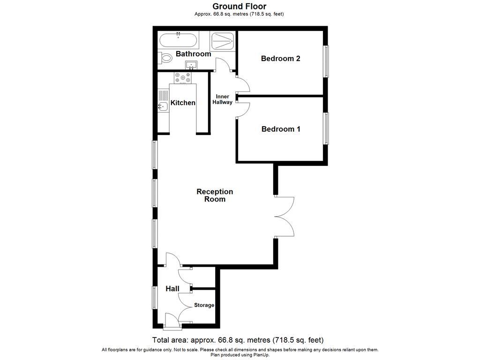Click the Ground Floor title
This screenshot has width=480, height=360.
click(240, 7)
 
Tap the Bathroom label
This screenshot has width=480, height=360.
click(193, 54)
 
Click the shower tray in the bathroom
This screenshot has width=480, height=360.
click(223, 41)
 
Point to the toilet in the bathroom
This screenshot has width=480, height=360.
click(165, 58)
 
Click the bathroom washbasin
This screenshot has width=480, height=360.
click(191, 65)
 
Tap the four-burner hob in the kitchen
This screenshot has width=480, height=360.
click(182, 77)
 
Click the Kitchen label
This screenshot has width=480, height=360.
click(183, 103)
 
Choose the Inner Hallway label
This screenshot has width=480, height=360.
click(222, 99)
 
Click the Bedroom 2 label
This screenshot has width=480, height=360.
click(280, 59)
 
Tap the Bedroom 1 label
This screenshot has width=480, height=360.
click(280, 129)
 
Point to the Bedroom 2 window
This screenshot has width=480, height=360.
click(325, 61)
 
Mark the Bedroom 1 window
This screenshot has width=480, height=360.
click(325, 128)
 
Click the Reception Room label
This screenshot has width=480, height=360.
click(215, 195)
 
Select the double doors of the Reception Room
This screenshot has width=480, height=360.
click(284, 217)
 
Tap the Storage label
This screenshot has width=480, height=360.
click(204, 305)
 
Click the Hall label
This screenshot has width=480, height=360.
click(172, 289)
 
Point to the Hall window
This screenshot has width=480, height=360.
click(154, 298)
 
